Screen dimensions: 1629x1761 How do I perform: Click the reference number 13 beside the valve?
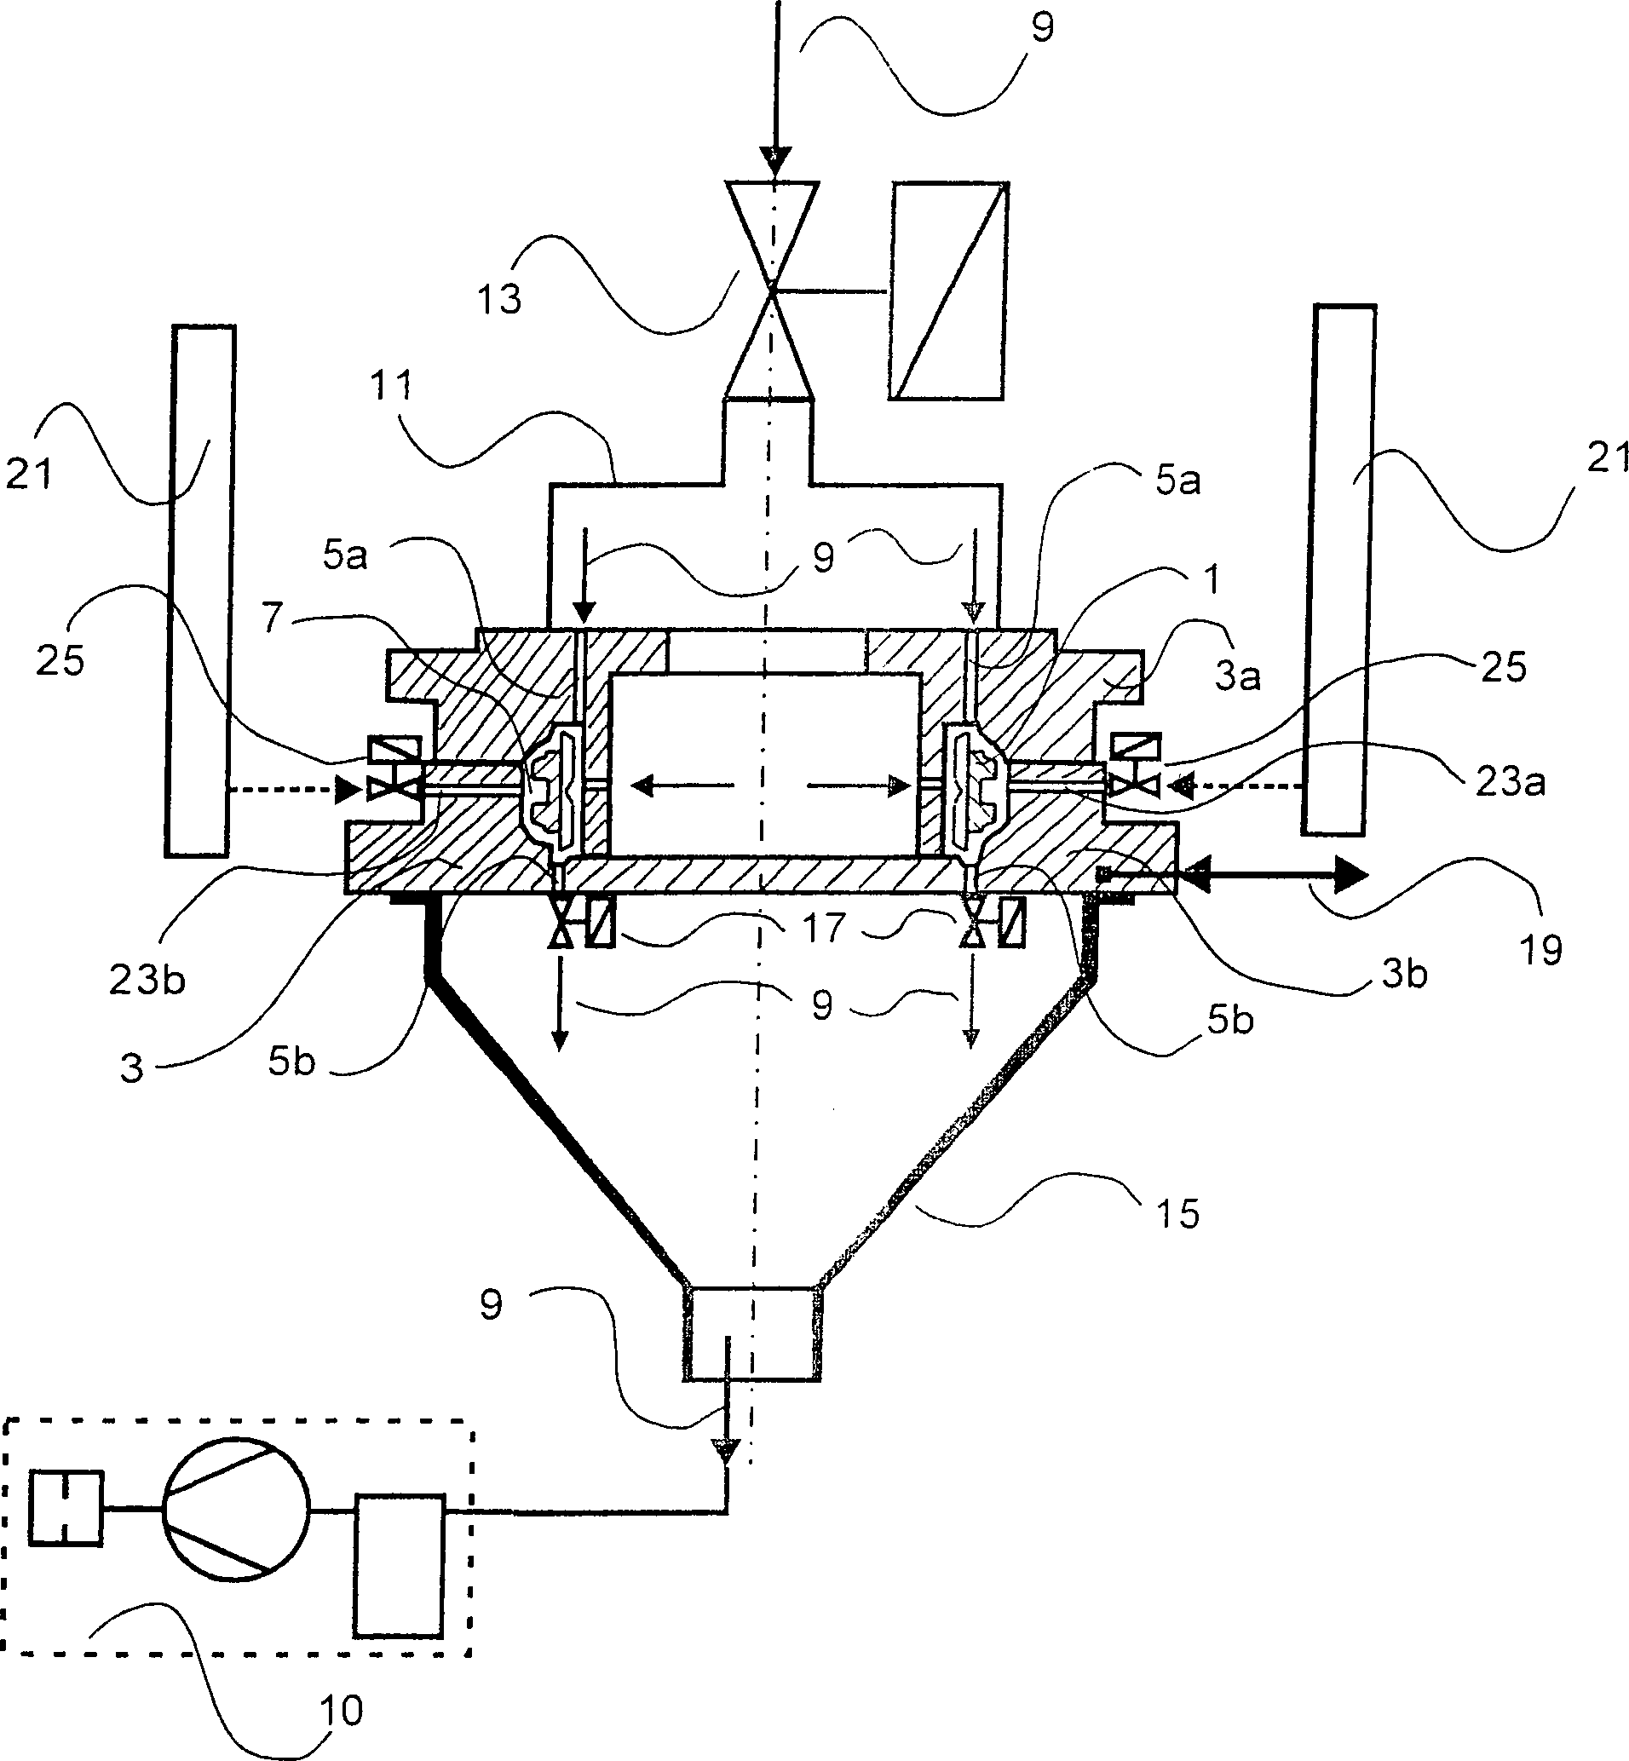(500, 298)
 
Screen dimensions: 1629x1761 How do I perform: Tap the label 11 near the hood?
(391, 385)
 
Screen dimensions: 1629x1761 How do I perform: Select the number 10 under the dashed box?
(339, 1711)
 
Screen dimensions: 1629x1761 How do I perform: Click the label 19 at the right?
(1541, 949)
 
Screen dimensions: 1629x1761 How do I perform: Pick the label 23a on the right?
(1510, 782)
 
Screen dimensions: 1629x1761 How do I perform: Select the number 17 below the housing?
(823, 927)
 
